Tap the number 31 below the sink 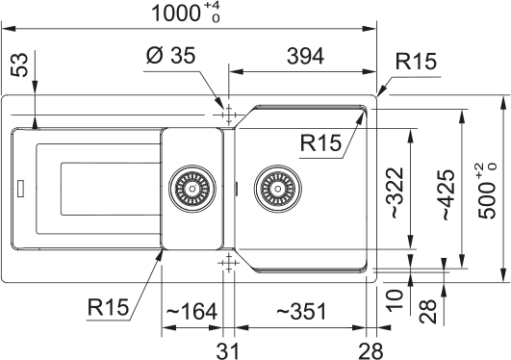pos(227,346)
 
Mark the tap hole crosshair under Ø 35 pos(227,114)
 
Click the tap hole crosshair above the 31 pos(227,262)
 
